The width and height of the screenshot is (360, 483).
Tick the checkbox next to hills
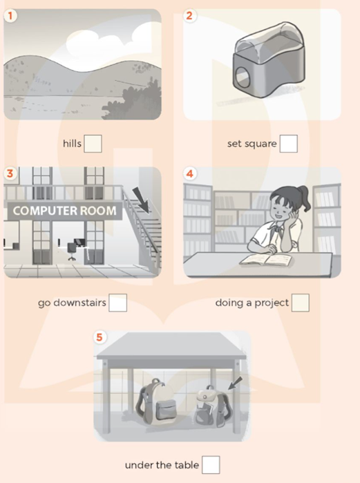tap(93, 144)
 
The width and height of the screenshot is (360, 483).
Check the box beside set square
tap(289, 144)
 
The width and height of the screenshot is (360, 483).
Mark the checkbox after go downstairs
tap(118, 303)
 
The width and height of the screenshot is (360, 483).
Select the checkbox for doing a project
tap(300, 303)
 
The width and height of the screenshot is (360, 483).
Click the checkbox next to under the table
tap(211, 465)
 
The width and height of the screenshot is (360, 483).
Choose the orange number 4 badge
tap(191, 174)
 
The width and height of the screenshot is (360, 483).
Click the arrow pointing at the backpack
tap(235, 383)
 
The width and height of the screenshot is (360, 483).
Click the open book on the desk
tap(265, 261)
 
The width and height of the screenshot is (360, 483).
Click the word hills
tap(72, 144)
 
